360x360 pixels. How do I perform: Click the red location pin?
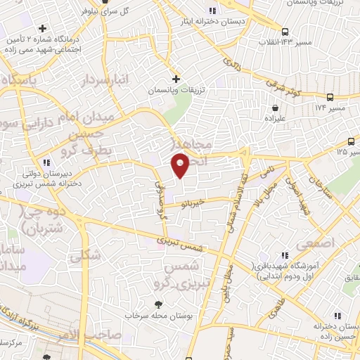click(x=181, y=165)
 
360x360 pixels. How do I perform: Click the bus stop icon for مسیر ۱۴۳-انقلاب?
click(x=285, y=32)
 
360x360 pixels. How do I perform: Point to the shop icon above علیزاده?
click(x=274, y=108)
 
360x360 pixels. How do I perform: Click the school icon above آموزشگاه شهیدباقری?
click(x=285, y=256)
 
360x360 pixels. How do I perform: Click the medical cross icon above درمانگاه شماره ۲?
click(x=44, y=29)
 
